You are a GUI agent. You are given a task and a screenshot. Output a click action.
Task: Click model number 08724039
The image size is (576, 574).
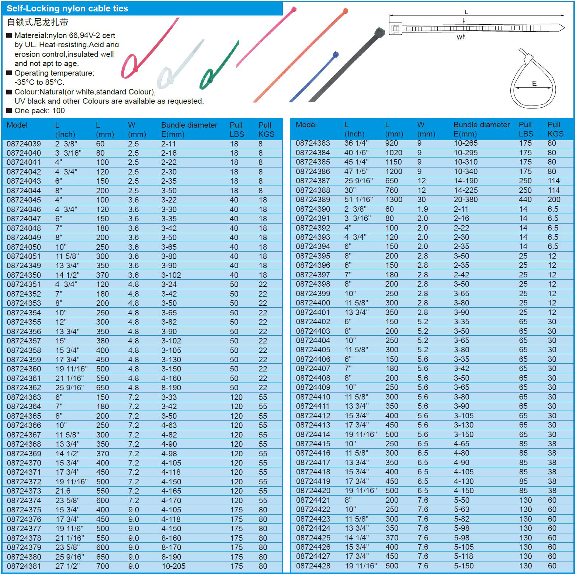pyautogui.click(x=24, y=144)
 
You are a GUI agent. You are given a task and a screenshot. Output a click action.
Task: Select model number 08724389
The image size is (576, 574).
pyautogui.click(x=313, y=200)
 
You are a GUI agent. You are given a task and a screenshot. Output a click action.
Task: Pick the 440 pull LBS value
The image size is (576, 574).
pyautogui.click(x=525, y=200)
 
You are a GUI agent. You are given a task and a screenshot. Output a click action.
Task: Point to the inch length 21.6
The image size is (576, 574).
pyautogui.click(x=63, y=491)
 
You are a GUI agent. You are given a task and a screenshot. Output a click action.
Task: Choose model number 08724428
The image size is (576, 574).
pyautogui.click(x=313, y=566)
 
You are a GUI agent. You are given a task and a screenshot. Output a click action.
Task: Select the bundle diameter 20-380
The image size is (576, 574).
pyautogui.click(x=465, y=200)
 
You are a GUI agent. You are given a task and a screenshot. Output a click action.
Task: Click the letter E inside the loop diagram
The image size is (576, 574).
pyautogui.click(x=534, y=84)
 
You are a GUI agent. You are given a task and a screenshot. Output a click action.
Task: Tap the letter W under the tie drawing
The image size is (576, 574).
pyautogui.click(x=459, y=37)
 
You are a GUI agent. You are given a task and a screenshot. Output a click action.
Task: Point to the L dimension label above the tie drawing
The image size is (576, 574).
pyautogui.click(x=466, y=12)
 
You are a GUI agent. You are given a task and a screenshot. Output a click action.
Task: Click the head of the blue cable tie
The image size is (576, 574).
pyautogui.click(x=335, y=55)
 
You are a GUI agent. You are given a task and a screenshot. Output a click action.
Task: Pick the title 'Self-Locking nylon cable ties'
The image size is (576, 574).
pyautogui.click(x=67, y=8)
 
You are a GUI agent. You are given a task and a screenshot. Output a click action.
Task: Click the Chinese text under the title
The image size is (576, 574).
pyautogui.click(x=38, y=22)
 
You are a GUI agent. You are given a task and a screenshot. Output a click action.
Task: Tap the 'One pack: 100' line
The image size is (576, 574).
pyautogui.click(x=39, y=111)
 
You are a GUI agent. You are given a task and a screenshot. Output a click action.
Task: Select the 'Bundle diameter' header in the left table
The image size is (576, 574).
pyautogui.click(x=189, y=125)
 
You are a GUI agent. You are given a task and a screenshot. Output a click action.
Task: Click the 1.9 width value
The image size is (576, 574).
pyautogui.click(x=422, y=209)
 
